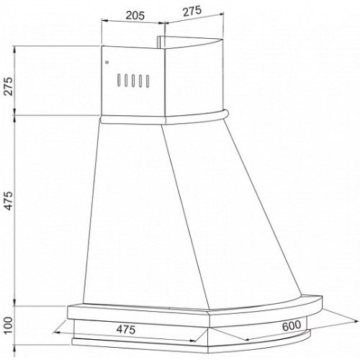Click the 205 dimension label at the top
pyautogui.click(x=135, y=16)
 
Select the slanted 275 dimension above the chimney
pyautogui.click(x=192, y=12)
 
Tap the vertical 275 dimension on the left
pyautogui.click(x=9, y=86)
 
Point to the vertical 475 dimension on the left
pyautogui.click(x=9, y=201)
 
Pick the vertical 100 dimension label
pyautogui.click(x=9, y=325)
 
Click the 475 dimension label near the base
pyautogui.click(x=126, y=330)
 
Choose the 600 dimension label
pyautogui.click(x=291, y=325)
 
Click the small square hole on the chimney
pyautogui.click(x=107, y=63)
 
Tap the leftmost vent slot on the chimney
pyautogui.click(x=119, y=80)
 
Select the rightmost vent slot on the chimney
pyautogui.click(x=148, y=81)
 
